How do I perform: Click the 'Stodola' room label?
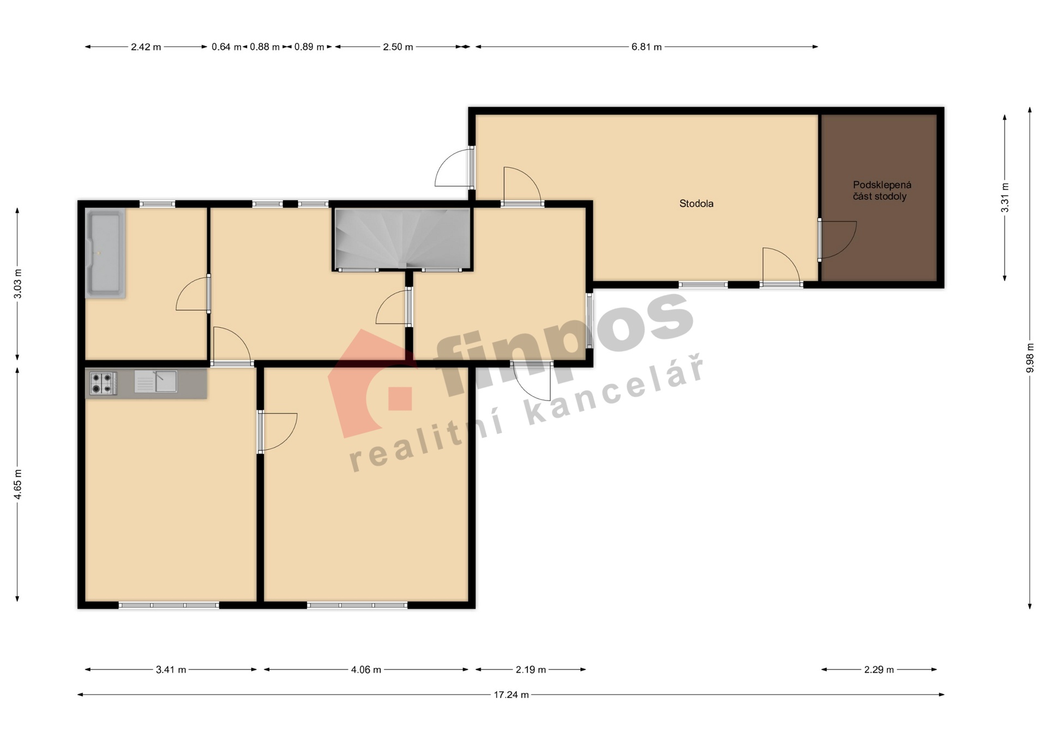[x=696, y=204]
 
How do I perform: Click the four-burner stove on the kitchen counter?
[x=103, y=383]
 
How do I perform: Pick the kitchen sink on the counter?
[x=156, y=381]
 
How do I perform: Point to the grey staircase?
[x=402, y=238]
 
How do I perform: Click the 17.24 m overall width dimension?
[x=511, y=695]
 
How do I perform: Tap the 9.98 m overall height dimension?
[x=1030, y=358]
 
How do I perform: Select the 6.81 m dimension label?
[x=646, y=47]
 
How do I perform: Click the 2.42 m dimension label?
[x=146, y=47]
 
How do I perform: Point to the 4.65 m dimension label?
[x=17, y=484]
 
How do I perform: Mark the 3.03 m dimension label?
[x=17, y=284]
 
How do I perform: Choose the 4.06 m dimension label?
[x=366, y=670]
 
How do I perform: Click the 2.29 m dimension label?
[x=879, y=670]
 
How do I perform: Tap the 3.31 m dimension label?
[x=1004, y=198]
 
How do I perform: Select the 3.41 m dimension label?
[x=171, y=670]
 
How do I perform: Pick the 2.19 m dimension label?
[x=531, y=670]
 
